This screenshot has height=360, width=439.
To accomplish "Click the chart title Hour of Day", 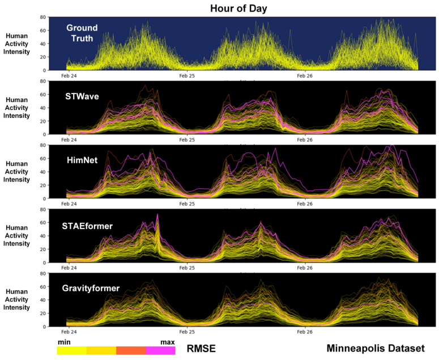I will (238, 9).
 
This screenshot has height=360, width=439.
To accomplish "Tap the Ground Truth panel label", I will (82, 33).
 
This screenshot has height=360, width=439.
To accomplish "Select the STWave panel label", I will (82, 96).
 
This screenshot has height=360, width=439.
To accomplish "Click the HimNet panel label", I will (82, 160).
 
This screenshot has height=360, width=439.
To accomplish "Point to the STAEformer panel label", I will (88, 226).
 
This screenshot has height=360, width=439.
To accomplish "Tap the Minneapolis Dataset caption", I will (375, 348).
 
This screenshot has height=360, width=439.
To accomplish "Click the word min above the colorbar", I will (64, 342).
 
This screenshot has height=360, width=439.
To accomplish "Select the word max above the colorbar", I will (168, 342).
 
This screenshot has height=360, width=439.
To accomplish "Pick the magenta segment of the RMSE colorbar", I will (160, 350).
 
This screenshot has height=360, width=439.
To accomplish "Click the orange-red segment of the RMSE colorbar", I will (131, 350).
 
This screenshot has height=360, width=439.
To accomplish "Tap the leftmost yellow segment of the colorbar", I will (72, 350).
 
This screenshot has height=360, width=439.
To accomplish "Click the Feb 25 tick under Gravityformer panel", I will (187, 332).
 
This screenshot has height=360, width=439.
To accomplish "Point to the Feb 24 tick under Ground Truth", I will (70, 75).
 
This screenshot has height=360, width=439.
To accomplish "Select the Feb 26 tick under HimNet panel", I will (305, 204).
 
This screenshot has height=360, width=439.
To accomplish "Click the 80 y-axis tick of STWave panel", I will (42, 81).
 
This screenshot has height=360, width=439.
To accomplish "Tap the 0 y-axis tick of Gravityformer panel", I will (44, 327).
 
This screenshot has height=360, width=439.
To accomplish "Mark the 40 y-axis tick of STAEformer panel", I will (42, 236).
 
